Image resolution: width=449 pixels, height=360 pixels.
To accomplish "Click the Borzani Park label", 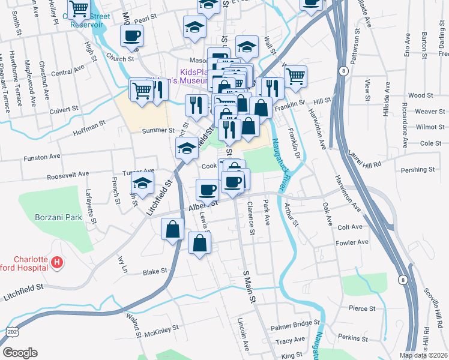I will point(58,217).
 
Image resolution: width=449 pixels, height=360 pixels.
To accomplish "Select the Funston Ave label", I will point(42,157).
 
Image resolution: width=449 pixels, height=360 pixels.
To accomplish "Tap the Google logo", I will point(20,352).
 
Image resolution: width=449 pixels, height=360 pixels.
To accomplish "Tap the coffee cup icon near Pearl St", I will point(131,35).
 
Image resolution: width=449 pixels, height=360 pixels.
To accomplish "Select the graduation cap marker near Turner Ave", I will point(143,182).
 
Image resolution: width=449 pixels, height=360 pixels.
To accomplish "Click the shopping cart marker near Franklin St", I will point(295,76).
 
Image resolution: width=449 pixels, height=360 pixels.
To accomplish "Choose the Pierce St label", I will point(361,308).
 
